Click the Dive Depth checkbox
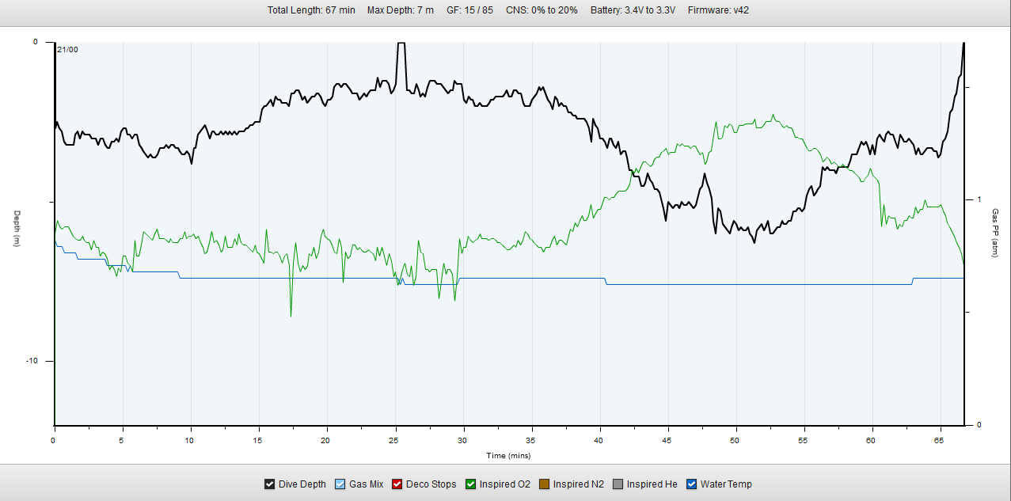pyautogui.click(x=269, y=484)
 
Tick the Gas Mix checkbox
pyautogui.click(x=340, y=484)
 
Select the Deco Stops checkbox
pyautogui.click(x=397, y=484)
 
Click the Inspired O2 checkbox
pyautogui.click(x=470, y=484)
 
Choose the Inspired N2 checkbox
pyautogui.click(x=544, y=484)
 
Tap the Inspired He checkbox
pyautogui.click(x=618, y=484)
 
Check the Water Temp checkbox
pyautogui.click(x=691, y=484)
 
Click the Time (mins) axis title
pyautogui.click(x=508, y=455)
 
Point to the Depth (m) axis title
pyautogui.click(x=17, y=229)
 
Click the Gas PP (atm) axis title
pyautogui.click(x=995, y=233)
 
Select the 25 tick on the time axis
pyautogui.click(x=394, y=439)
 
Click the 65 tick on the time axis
pyautogui.click(x=940, y=439)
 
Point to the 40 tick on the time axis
pyautogui.click(x=599, y=439)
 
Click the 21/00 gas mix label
pyautogui.click(x=67, y=50)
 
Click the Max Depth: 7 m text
pyautogui.click(x=401, y=10)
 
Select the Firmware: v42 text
pyautogui.click(x=718, y=10)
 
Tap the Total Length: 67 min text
pyautogui.click(x=311, y=10)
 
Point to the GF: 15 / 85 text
pyautogui.click(x=469, y=10)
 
